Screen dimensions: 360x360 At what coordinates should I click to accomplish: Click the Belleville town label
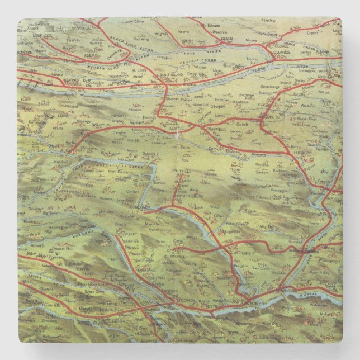pos(183,167)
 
